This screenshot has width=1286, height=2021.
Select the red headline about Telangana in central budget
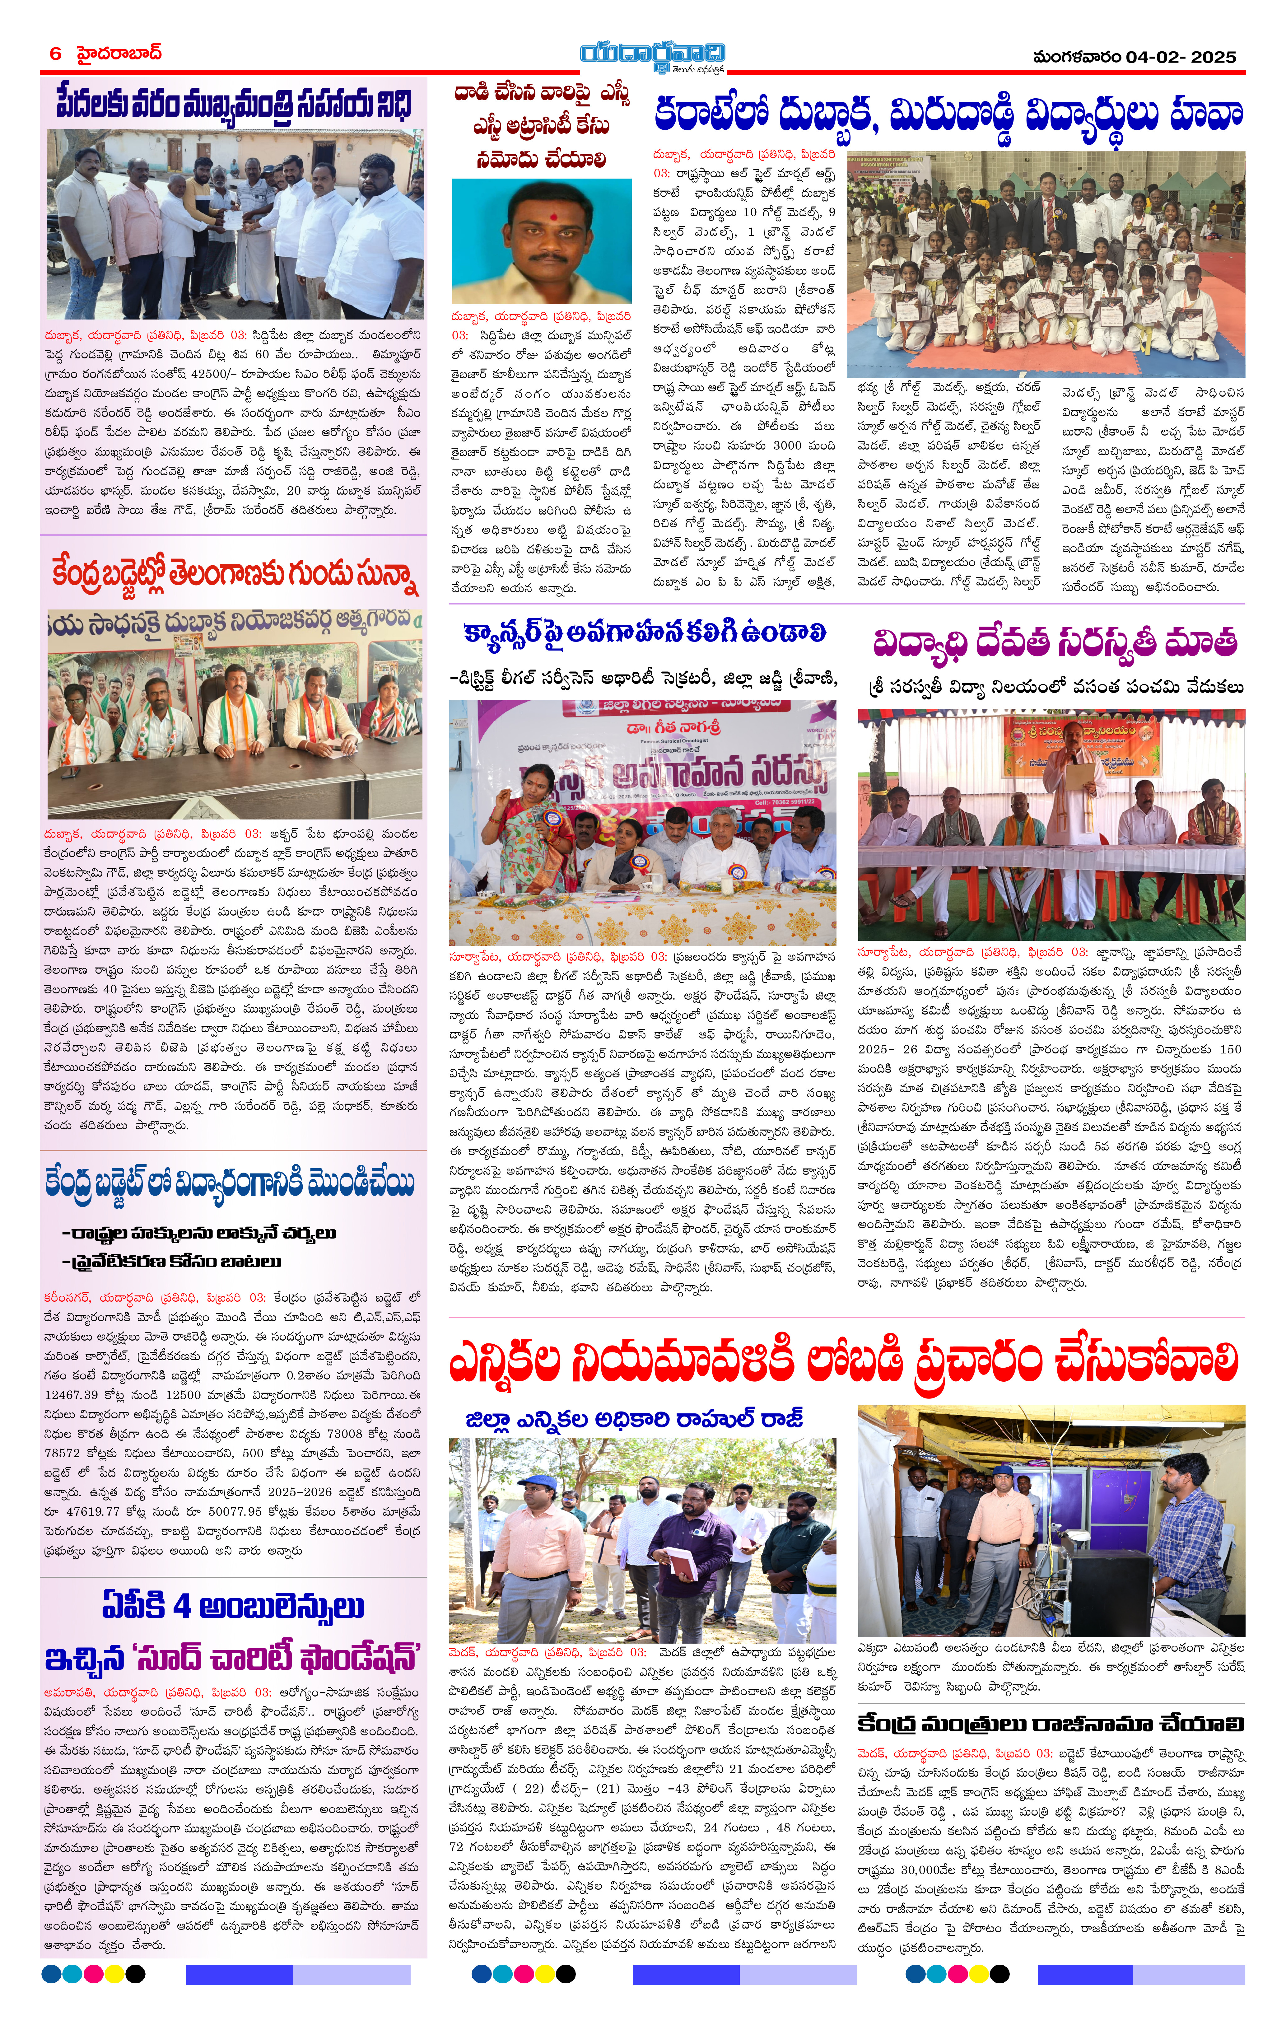click(x=233, y=575)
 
